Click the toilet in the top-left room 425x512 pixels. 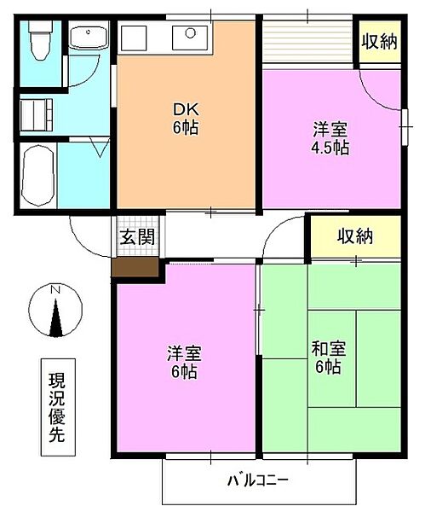[40, 40]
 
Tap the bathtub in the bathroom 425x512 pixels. [37, 175]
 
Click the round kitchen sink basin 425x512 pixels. [190, 32]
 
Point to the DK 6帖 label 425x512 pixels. [186, 119]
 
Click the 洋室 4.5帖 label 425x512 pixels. [330, 138]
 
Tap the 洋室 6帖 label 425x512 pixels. [185, 362]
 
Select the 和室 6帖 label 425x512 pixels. [329, 358]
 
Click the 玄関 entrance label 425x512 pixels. [137, 236]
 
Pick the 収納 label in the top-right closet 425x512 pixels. [380, 42]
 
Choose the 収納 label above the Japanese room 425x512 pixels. [355, 236]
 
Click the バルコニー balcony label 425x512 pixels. [258, 480]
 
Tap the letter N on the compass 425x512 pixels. [55, 289]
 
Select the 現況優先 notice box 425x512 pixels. [58, 407]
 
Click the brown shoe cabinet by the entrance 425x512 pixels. [135, 267]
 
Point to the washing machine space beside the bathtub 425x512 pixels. [36, 114]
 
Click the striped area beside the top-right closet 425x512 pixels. [308, 42]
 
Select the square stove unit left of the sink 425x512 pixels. [134, 38]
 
